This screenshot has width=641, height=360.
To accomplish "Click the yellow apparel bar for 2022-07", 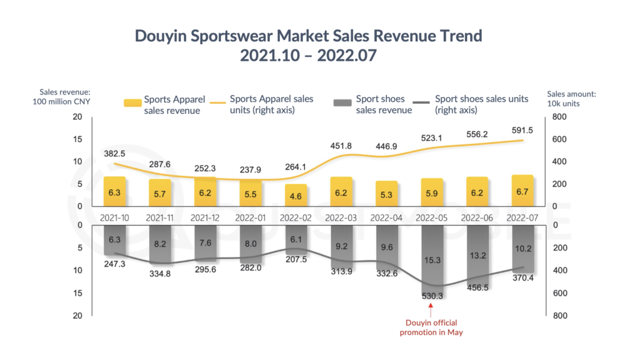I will [522, 191].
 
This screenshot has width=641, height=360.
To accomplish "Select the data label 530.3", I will [431, 296].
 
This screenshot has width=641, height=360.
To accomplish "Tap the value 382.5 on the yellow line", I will [115, 153].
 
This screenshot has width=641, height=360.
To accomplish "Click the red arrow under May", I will [431, 309].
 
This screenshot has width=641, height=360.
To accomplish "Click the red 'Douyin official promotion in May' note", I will [431, 327].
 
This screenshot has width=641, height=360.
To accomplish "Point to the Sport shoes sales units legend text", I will [481, 104].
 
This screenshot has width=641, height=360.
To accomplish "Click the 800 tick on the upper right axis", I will [559, 117].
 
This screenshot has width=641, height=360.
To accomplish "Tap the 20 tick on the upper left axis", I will [77, 117].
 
